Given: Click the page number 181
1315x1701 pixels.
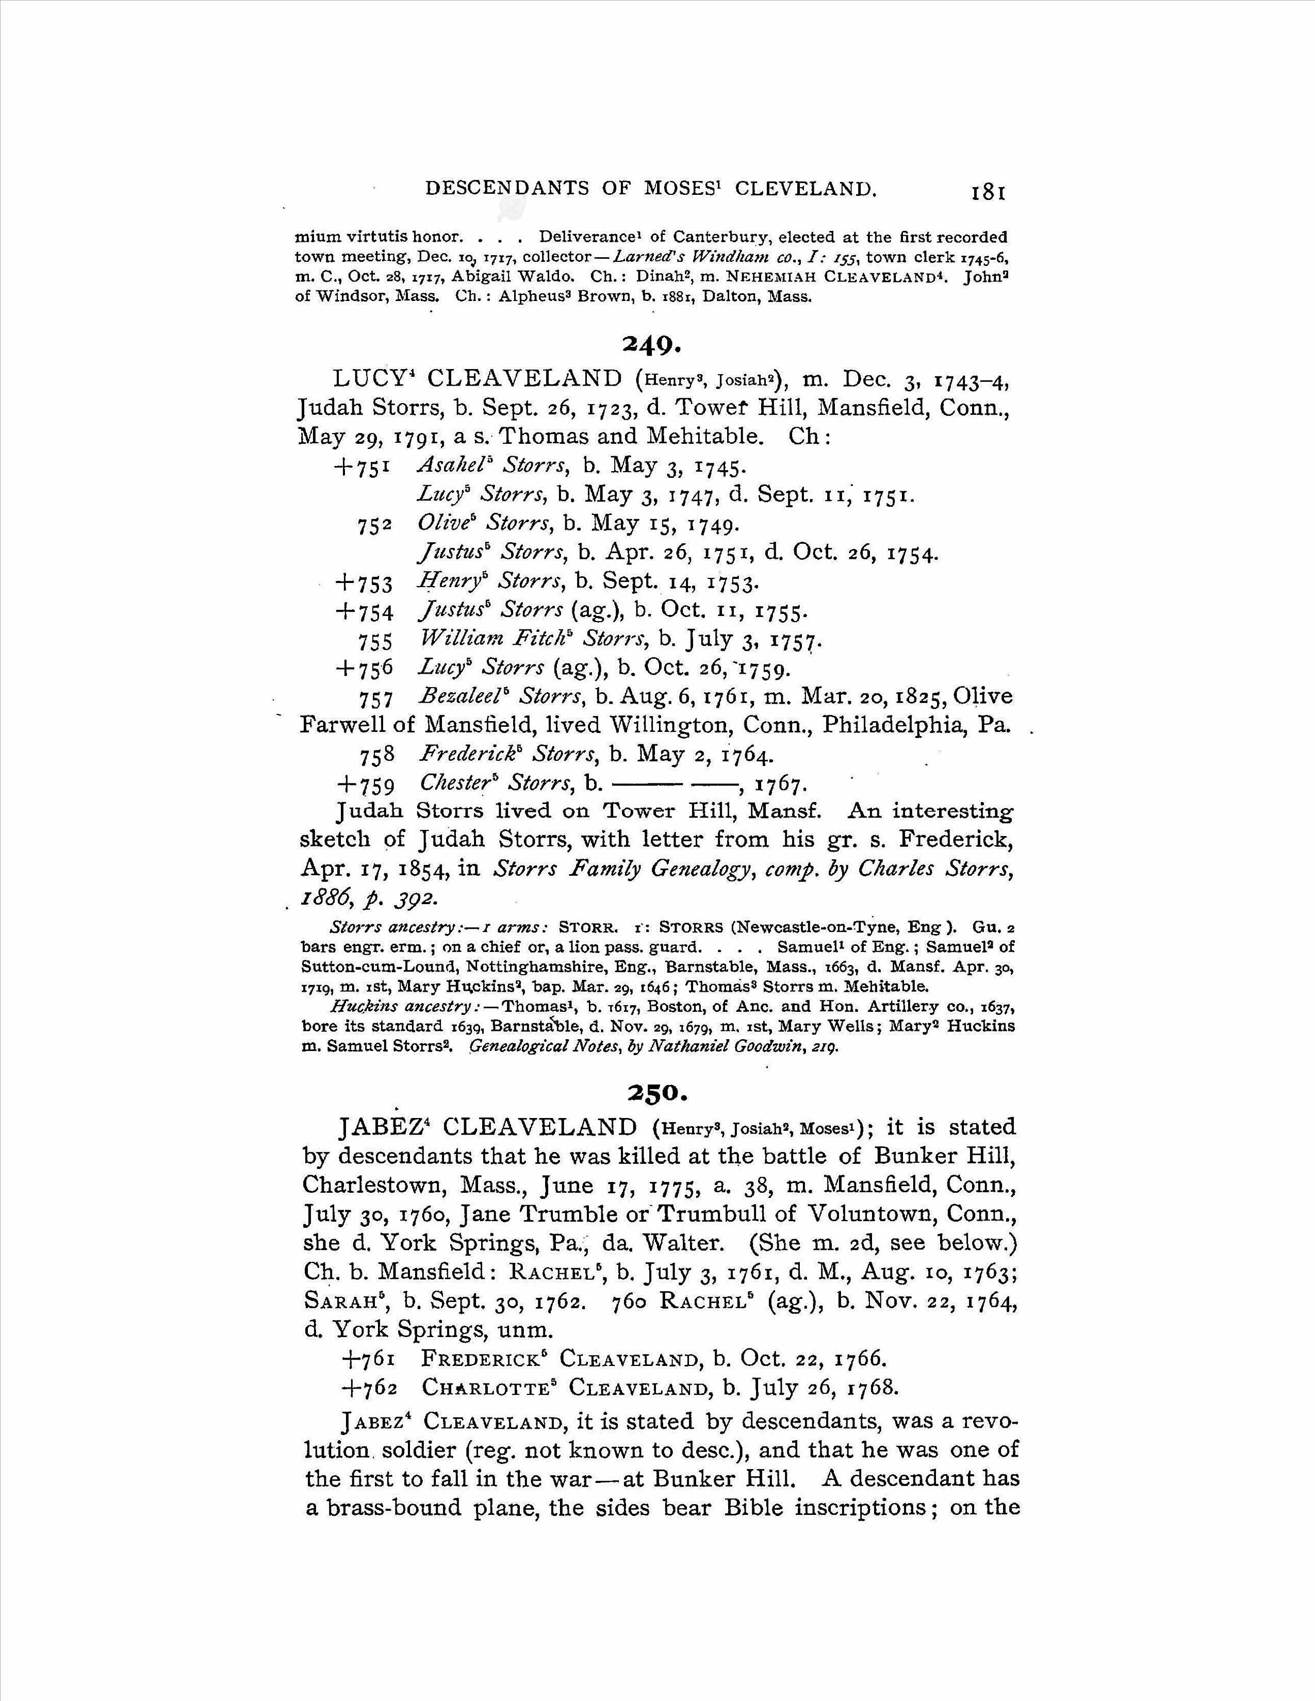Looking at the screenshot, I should (x=988, y=192).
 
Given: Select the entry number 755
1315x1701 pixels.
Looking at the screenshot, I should (x=375, y=641).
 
